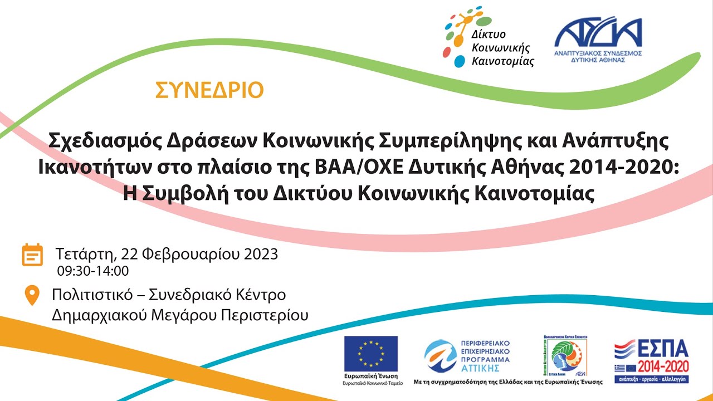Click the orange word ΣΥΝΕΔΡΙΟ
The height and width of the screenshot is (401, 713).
[209, 90]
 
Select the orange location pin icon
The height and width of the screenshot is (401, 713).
[32, 295]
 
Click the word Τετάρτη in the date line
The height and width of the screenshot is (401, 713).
[84, 255]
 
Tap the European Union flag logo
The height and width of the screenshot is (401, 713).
[370, 354]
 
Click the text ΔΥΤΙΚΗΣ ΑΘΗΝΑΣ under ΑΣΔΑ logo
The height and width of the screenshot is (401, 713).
[598, 59]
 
